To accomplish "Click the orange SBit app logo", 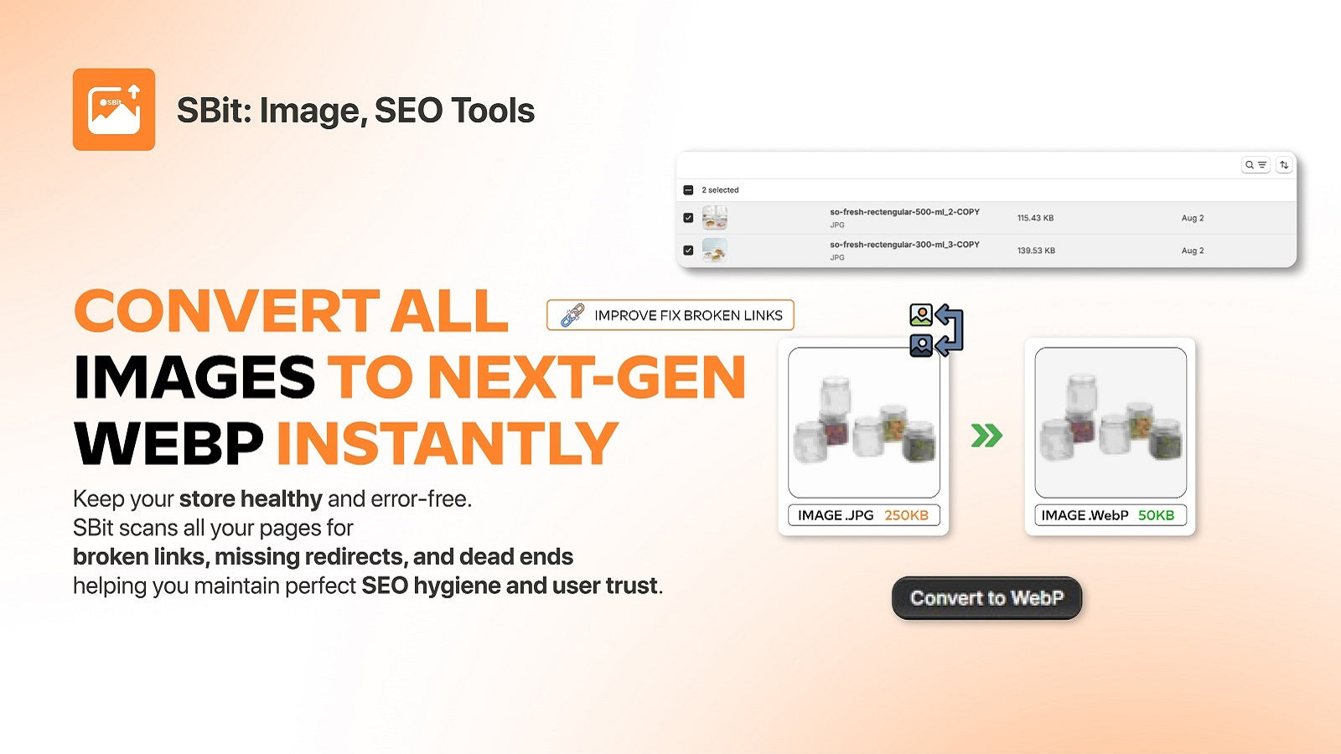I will point(114,110).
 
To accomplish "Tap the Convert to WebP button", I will point(986,598).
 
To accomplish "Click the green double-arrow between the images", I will point(986,436).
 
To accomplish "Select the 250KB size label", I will point(906,515).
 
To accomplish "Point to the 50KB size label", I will point(1156,515).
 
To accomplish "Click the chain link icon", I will point(572,315).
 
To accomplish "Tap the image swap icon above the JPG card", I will point(935,330).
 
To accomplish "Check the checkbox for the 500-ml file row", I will point(688,218).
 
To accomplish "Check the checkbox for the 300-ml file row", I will point(688,250).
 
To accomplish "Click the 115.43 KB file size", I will point(1035,218).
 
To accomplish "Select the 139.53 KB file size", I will point(1036,250).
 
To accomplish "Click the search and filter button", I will point(1256,165).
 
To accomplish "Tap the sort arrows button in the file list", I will point(1284,165).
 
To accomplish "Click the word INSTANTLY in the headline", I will point(448,443).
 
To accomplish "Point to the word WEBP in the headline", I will point(168,443).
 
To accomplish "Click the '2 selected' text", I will point(720,190).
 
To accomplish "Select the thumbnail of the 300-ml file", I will point(714,250).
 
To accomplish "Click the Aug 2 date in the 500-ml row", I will point(1192,218).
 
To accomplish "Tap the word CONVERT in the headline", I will point(226,311).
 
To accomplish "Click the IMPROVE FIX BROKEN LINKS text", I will point(688,315).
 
